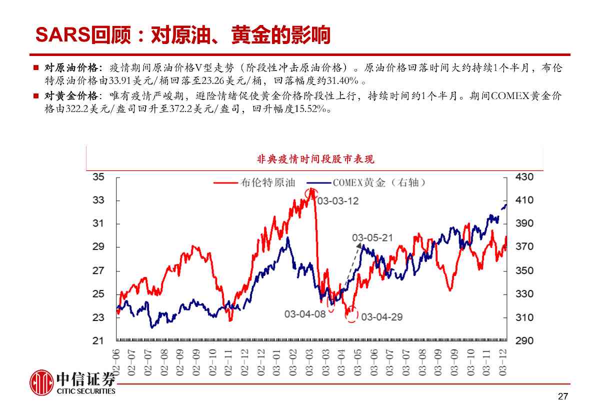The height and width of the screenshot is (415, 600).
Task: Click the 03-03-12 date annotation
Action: [338, 201]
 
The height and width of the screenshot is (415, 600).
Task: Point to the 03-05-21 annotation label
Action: [372, 238]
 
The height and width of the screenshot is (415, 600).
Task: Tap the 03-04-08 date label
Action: [305, 314]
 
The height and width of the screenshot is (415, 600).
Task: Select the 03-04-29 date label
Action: [382, 316]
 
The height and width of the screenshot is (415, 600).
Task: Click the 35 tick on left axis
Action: [98, 177]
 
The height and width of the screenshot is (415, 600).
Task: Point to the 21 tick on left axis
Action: [98, 341]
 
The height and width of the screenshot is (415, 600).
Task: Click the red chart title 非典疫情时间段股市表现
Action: [315, 159]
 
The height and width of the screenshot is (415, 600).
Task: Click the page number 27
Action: [563, 397]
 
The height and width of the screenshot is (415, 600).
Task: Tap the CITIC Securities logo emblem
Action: [41, 383]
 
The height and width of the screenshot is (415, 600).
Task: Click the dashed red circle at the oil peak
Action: [312, 193]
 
